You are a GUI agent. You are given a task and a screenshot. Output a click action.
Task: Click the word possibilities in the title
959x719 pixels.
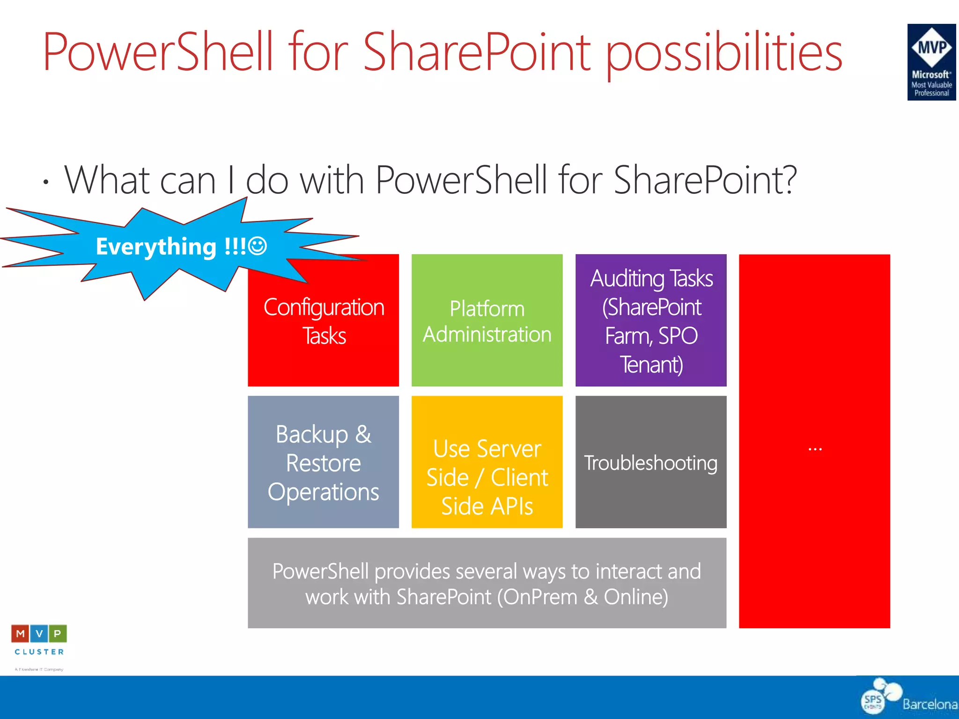click(724, 52)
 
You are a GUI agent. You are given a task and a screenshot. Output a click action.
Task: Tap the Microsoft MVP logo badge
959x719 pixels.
click(931, 62)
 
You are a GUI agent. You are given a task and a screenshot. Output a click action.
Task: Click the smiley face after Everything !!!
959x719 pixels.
click(258, 246)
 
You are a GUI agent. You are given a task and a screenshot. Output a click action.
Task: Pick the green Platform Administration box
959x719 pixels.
click(487, 321)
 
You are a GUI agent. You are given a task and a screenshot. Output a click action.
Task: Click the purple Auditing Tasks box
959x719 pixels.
click(651, 321)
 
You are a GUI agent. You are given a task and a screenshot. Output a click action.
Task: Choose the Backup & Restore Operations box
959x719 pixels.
click(323, 462)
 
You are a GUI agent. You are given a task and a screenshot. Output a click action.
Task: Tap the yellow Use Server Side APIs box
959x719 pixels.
click(487, 477)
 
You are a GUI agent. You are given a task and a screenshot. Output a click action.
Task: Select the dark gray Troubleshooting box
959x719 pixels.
click(651, 462)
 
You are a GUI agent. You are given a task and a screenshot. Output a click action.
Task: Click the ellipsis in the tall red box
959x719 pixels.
click(815, 449)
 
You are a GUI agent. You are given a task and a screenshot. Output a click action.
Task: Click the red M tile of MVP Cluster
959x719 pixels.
click(20, 634)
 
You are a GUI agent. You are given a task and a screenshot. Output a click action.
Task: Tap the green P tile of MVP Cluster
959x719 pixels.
click(58, 634)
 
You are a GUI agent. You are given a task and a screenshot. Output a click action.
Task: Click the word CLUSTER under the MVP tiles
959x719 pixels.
click(39, 652)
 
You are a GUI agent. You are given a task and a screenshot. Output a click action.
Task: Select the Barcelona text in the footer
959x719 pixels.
click(929, 704)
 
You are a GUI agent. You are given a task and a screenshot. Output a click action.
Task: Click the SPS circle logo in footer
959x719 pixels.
click(873, 701)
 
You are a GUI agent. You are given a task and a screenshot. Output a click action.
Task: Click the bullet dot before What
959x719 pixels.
click(45, 182)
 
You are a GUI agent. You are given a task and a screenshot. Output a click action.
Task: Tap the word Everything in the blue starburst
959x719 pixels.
click(156, 247)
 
